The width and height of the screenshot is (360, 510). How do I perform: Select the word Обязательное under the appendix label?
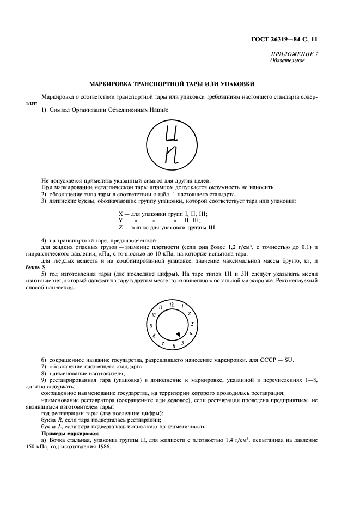(x=287, y=60)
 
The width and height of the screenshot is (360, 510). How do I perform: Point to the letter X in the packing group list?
(x=121, y=213)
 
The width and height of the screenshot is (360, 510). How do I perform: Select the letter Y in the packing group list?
(x=120, y=220)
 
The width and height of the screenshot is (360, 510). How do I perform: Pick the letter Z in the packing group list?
(x=120, y=227)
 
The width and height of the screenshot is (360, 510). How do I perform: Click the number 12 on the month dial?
(x=172, y=303)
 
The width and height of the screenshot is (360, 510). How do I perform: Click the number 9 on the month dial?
(x=150, y=325)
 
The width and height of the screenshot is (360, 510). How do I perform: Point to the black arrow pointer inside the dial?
(x=178, y=334)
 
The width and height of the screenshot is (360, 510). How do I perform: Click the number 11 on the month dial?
(x=161, y=307)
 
